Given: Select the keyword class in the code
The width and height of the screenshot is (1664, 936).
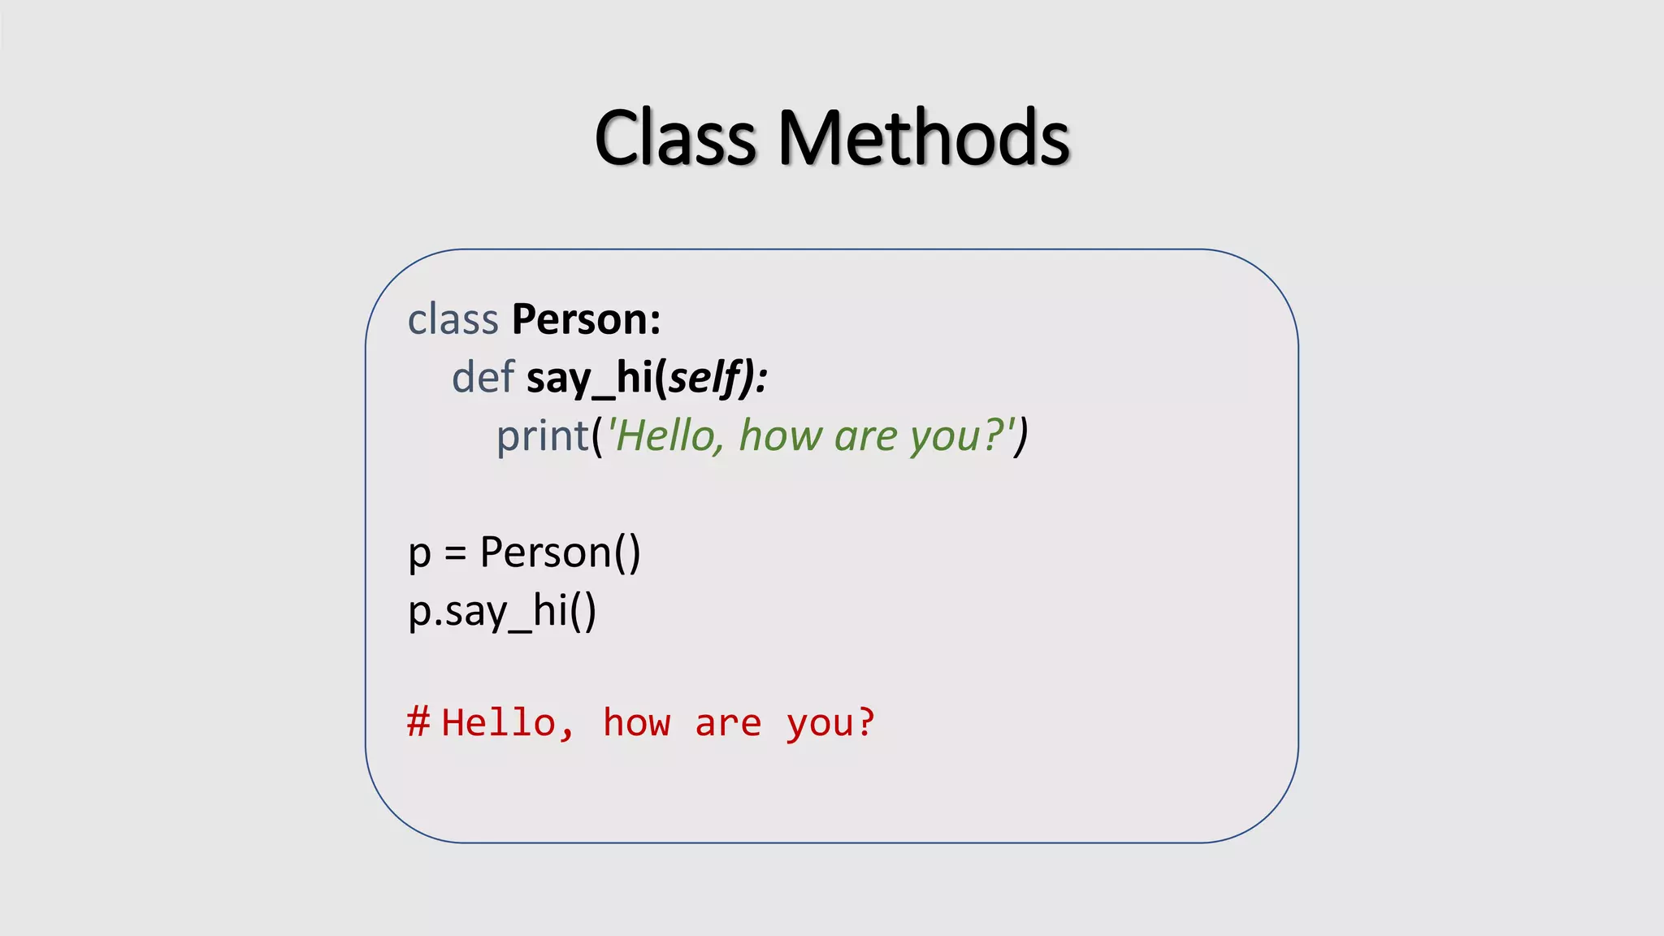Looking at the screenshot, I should click(x=453, y=319).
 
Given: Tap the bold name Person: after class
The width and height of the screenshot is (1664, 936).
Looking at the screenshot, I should click(x=586, y=319).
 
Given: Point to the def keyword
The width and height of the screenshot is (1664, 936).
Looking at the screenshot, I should click(x=483, y=378).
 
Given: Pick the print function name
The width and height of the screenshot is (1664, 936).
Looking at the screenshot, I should click(x=542, y=436).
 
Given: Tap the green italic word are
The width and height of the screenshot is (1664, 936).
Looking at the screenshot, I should click(x=865, y=436).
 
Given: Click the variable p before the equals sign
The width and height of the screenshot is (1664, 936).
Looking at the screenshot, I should click(x=419, y=554).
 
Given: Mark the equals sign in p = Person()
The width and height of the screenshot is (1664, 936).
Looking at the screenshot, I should click(x=455, y=554).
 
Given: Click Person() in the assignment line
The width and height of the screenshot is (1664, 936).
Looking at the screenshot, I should click(x=560, y=552).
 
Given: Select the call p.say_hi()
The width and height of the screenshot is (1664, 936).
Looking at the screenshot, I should click(x=502, y=612).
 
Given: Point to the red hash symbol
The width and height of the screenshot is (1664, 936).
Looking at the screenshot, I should click(x=418, y=721).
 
